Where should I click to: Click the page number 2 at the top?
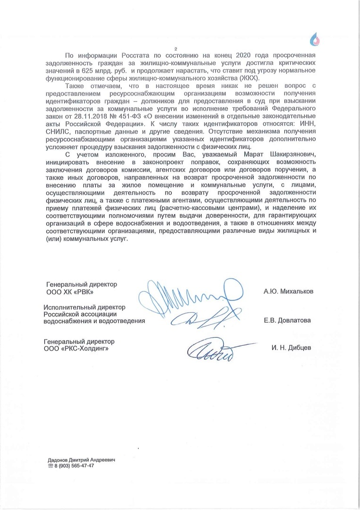[175, 49]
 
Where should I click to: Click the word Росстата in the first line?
[126, 56]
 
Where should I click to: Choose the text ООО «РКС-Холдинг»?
[71, 348]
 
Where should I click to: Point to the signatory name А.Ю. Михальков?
[288, 292]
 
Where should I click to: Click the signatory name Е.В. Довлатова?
[287, 321]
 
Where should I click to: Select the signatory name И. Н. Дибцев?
[291, 348]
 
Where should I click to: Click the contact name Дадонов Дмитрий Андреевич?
[81, 459]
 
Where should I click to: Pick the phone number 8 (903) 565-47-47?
[75, 466]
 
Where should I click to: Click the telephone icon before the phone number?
[51, 466]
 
